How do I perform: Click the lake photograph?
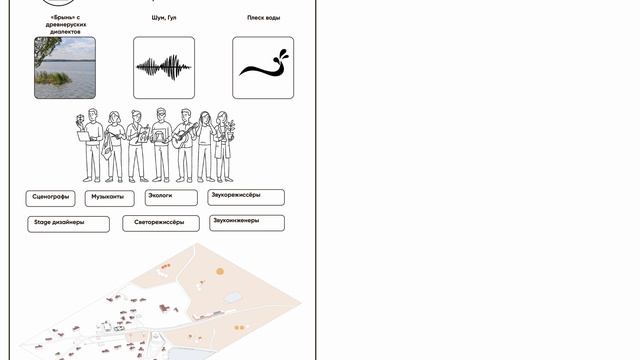coord(65,68)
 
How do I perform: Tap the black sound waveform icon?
coord(164,67)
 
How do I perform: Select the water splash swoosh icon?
coord(264,63)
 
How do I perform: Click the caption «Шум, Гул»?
coord(164,18)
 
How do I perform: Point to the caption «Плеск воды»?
coord(264,18)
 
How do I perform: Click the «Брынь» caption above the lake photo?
coord(65,24)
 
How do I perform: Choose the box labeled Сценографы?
coord(51,198)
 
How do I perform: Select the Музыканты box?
coord(109,198)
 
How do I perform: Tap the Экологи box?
coord(171,198)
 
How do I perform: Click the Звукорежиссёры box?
coord(246,197)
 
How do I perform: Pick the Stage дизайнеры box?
coord(69,224)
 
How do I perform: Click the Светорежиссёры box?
coord(161,223)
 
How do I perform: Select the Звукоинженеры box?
coord(247,223)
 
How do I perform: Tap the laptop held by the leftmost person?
coord(86,137)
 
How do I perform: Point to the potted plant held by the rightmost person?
coord(231,130)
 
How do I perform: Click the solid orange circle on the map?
coord(220,271)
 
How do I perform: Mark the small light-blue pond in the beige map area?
coord(232,298)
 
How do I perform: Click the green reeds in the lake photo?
coord(52,78)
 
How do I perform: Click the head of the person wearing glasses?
coord(161,115)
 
